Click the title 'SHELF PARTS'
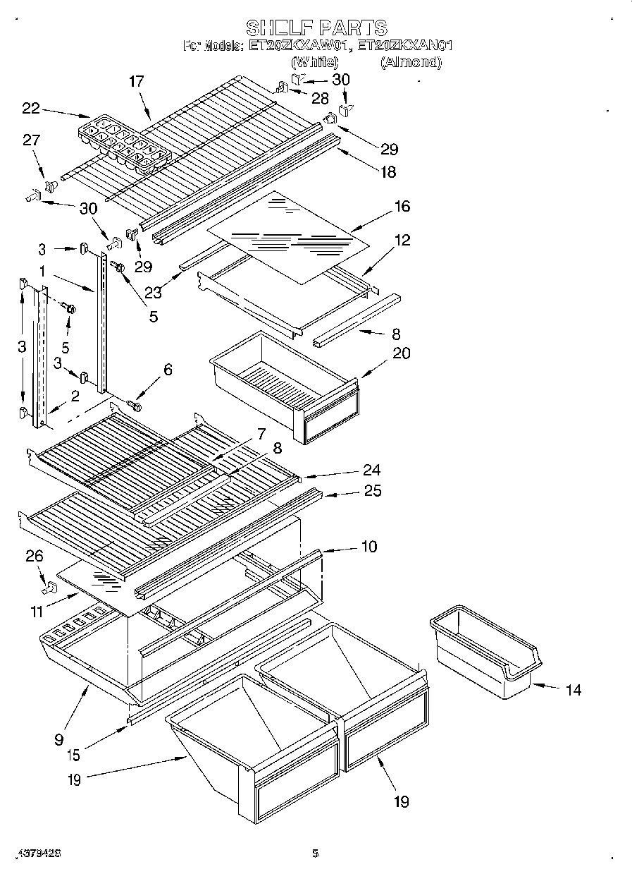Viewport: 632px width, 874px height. coord(316,28)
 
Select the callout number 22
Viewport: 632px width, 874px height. coord(31,108)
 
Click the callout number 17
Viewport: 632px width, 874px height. coord(136,82)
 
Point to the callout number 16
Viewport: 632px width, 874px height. coord(402,207)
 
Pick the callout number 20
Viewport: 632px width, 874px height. coord(401,353)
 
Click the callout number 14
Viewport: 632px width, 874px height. coord(574,690)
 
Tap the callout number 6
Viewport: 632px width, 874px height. coord(167,370)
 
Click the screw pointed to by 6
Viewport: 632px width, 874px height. coord(134,406)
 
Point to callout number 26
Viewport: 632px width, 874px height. coord(34,557)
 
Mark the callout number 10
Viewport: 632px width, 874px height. coord(368,546)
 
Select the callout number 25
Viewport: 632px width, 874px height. coord(372,491)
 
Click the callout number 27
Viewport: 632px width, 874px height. coord(31,140)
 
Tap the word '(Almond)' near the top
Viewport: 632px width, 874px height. coord(411,62)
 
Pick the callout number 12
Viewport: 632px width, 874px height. coord(402,241)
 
